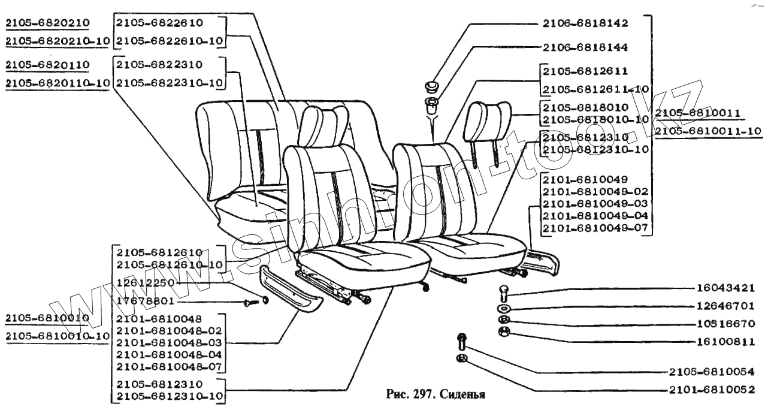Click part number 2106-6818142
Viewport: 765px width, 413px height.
[576, 24]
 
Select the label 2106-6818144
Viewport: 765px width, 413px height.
[576, 47]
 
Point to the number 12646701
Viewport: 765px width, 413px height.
[724, 306]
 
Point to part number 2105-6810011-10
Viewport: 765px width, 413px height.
[707, 131]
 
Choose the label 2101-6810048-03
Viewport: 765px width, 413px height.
[169, 342]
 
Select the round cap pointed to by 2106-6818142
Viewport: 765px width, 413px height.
[432, 86]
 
